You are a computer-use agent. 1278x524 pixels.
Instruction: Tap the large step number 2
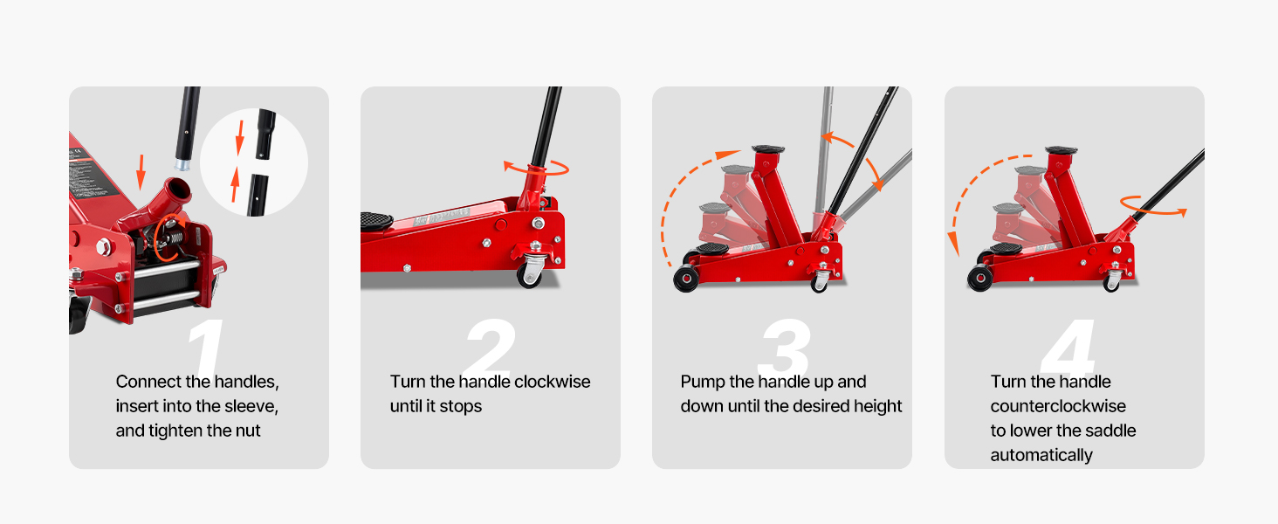(491, 345)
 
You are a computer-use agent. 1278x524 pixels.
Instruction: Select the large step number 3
(784, 346)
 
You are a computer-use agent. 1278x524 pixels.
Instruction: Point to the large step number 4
(1068, 346)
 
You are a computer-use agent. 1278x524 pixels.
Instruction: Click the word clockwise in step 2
(553, 382)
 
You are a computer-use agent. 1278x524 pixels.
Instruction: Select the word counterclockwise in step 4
(1058, 406)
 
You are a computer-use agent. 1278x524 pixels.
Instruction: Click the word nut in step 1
(248, 431)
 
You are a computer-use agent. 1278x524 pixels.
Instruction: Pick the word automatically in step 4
(1041, 455)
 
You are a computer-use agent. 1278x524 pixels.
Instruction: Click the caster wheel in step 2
(531, 272)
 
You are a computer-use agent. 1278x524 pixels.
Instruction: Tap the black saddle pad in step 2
(376, 220)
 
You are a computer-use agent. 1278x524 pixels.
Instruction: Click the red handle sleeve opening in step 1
(177, 189)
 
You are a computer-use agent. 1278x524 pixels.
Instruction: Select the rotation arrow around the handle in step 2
(536, 169)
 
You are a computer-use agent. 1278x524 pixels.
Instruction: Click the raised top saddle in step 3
(768, 149)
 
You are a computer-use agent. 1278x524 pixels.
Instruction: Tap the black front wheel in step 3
(686, 279)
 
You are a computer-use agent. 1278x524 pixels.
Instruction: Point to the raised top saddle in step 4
(1062, 151)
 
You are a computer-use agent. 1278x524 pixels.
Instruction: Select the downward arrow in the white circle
(240, 138)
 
